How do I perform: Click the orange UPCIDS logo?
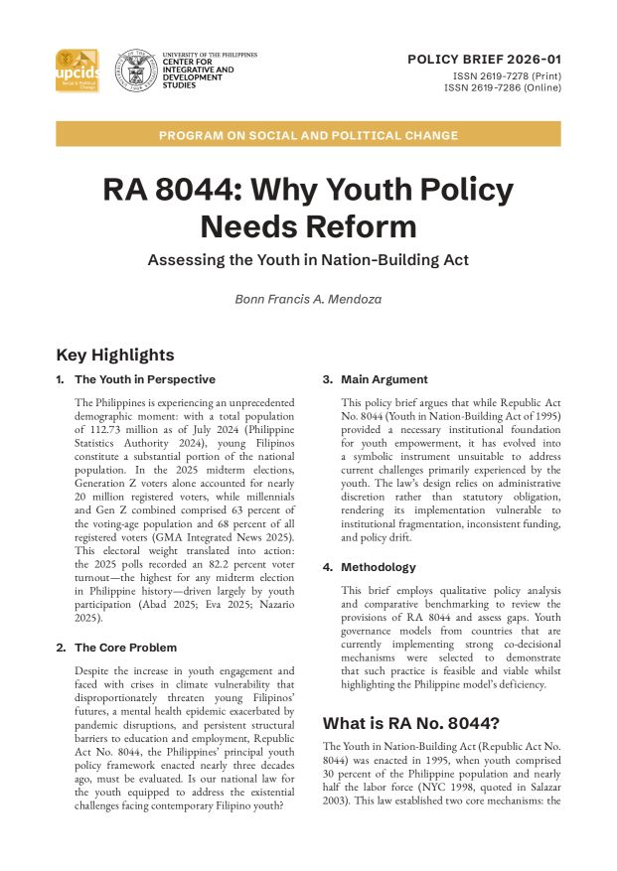[77, 71]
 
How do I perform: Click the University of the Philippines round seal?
[133, 72]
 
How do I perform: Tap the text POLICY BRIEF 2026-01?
[484, 60]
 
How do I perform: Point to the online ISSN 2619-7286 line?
[503, 87]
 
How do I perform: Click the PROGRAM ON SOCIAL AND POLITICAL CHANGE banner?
[308, 135]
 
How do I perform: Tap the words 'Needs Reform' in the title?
[308, 226]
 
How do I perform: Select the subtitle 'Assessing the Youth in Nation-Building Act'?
[308, 260]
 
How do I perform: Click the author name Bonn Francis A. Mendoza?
[308, 299]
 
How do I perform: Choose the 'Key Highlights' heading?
[115, 355]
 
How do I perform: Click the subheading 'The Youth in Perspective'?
[145, 379]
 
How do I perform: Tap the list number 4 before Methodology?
[327, 567]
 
